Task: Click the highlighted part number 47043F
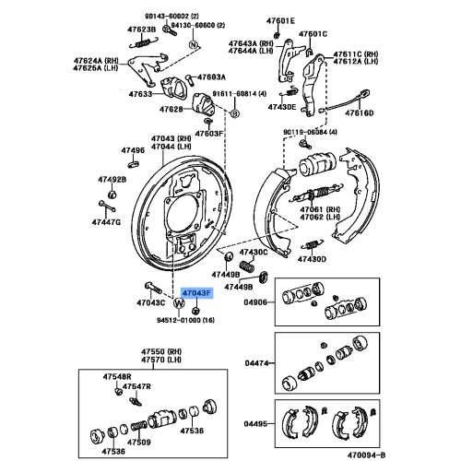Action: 196,293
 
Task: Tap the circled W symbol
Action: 179,303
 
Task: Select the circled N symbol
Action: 193,44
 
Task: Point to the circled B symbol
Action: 234,113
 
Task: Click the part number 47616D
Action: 360,113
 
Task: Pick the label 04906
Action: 255,302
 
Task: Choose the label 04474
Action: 256,363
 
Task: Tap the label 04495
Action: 255,424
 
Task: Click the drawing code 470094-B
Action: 366,455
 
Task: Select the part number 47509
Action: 139,443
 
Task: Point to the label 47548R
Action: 117,376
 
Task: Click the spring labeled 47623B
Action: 144,42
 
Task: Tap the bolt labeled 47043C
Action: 153,288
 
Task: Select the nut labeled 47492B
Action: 112,195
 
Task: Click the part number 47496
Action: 133,150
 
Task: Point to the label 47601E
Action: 280,21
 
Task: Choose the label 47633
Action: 140,94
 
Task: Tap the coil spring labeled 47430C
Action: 246,266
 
